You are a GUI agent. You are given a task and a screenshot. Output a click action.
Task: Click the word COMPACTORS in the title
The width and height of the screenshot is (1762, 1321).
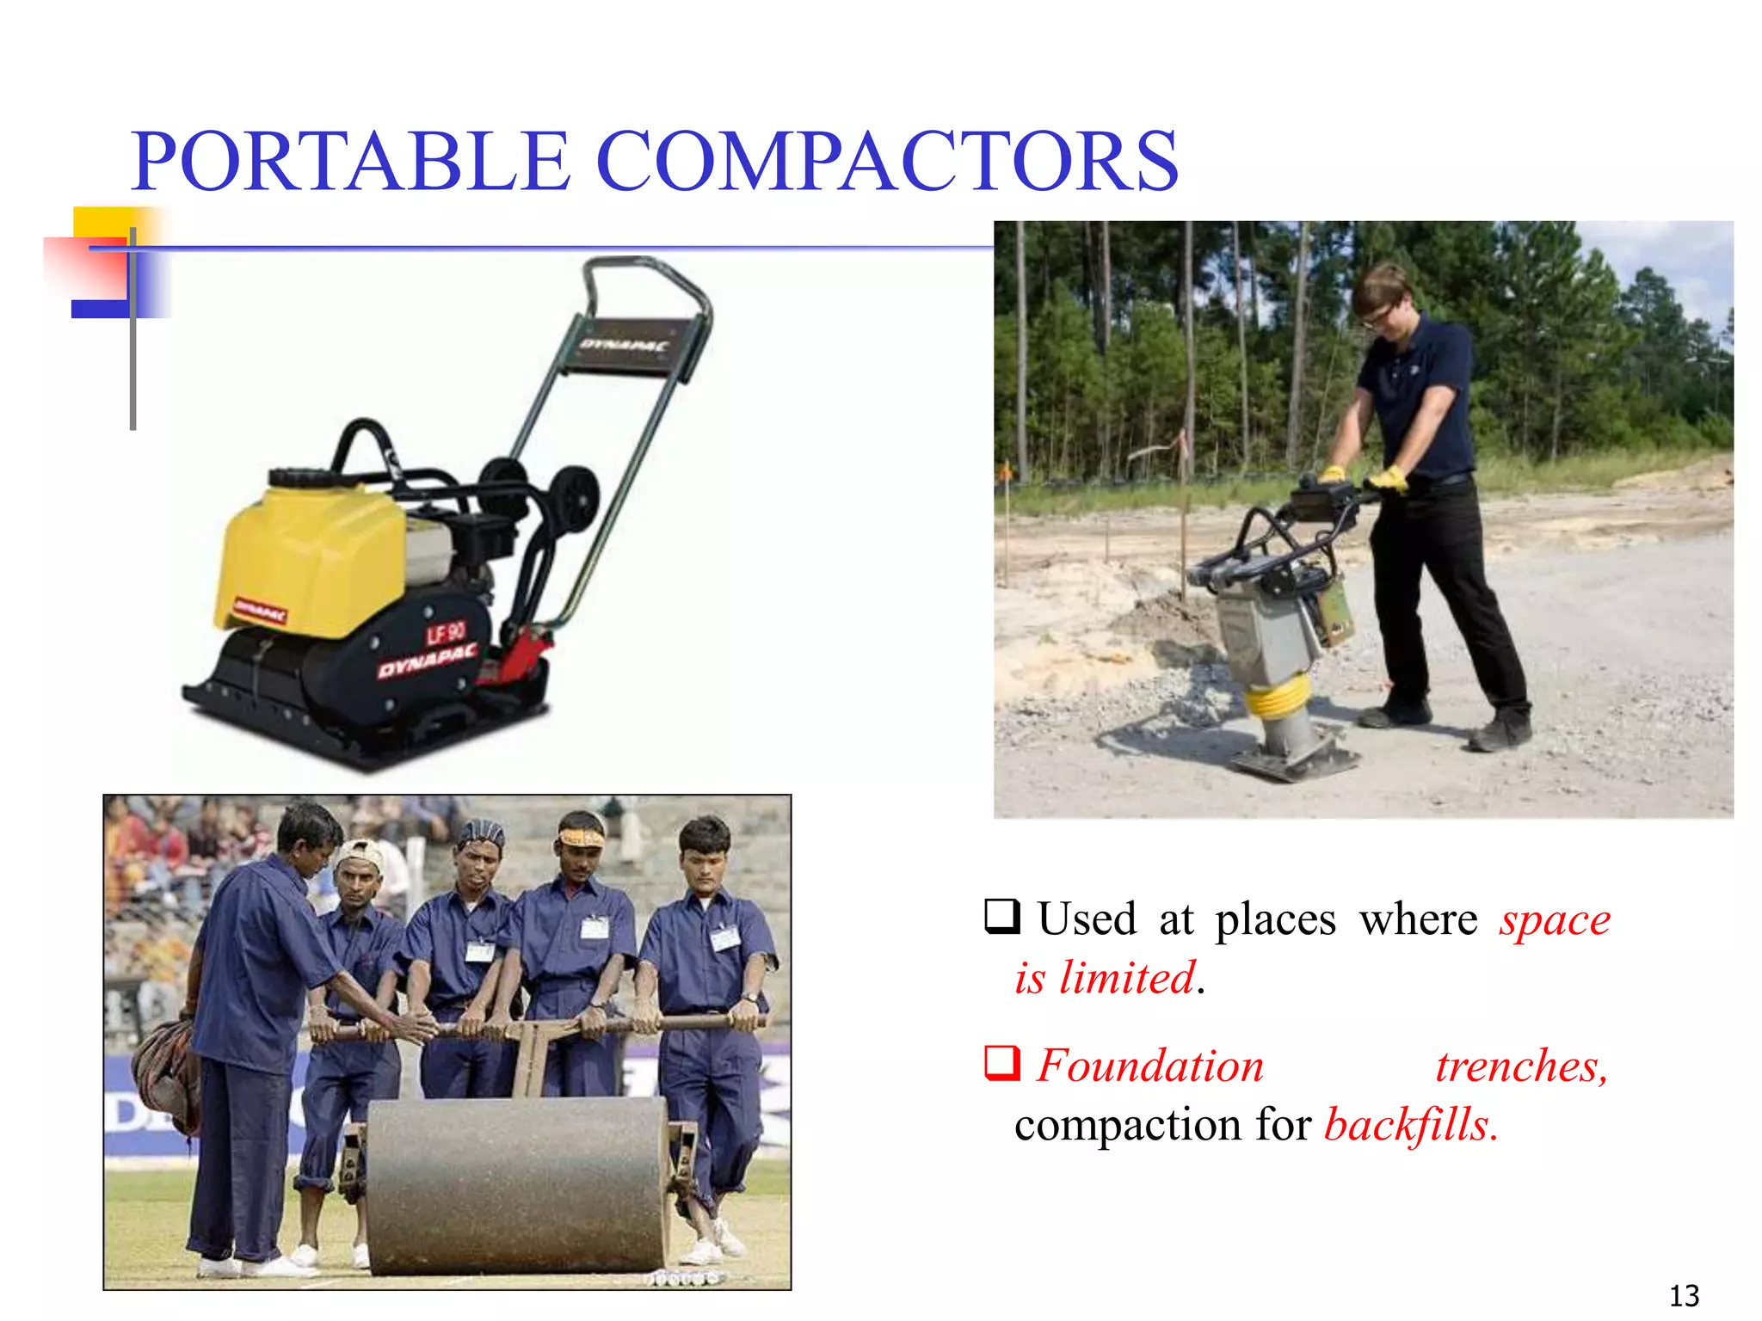pyautogui.click(x=886, y=161)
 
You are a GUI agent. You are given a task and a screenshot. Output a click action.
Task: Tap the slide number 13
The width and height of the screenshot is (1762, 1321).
pyautogui.click(x=1684, y=1295)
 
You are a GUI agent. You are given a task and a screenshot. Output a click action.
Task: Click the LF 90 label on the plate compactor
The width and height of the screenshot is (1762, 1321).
pyautogui.click(x=446, y=634)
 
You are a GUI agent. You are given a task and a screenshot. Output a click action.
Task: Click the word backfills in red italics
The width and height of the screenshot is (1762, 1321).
pyautogui.click(x=1411, y=1125)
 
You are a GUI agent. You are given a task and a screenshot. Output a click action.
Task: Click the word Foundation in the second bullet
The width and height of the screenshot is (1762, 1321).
pyautogui.click(x=1149, y=1066)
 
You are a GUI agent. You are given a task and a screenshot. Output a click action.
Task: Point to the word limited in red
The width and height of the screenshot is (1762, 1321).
pyautogui.click(x=1127, y=979)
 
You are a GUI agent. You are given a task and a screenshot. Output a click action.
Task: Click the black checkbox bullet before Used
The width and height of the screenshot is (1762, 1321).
pyautogui.click(x=1002, y=917)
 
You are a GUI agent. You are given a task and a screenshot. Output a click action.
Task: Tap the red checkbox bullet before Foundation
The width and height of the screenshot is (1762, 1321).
pyautogui.click(x=1002, y=1063)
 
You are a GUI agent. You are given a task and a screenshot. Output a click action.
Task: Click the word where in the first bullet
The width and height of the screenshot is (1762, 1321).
pyautogui.click(x=1418, y=919)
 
